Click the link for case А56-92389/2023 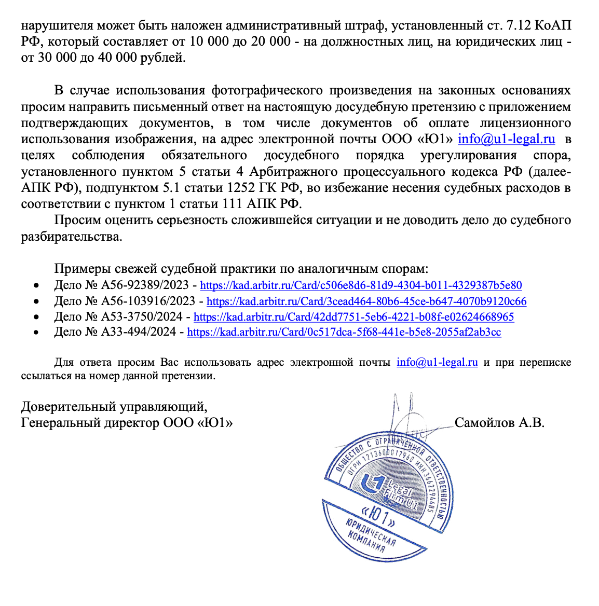361,285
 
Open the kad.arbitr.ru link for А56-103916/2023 366,301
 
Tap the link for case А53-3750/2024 353,317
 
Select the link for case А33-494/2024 344,333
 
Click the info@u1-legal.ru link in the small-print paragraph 437,363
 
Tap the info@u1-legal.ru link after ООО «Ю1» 506,140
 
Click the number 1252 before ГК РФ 244,188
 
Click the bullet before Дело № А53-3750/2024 36,317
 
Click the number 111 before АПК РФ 233,204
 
